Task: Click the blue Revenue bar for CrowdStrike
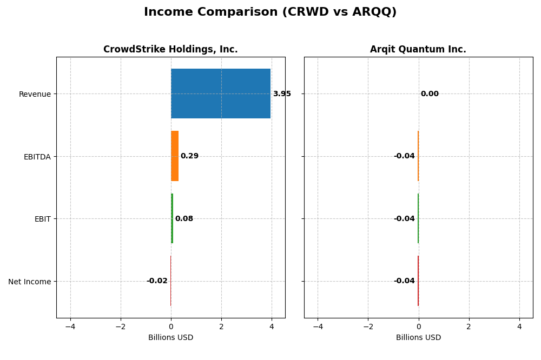coord(220,94)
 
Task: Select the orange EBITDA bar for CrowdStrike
coord(175,156)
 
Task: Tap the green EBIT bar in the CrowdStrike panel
coord(172,218)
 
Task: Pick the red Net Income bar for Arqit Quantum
coord(418,281)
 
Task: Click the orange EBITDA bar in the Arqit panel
coord(418,156)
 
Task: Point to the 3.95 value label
coord(282,94)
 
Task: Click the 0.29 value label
coord(189,156)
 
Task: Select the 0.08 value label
coord(184,219)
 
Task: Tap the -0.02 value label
coord(157,281)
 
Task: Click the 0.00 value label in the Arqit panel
coord(430,94)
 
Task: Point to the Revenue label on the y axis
coord(35,95)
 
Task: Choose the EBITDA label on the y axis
coord(37,157)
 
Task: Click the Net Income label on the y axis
coord(30,282)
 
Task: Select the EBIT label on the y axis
coord(42,219)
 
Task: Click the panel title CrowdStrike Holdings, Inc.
coord(170,50)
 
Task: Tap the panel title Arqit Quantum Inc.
coord(418,50)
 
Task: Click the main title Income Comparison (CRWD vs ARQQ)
coord(270,12)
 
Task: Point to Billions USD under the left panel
coord(170,337)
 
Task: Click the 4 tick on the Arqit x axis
coord(519,326)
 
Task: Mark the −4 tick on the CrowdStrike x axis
coord(70,326)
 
